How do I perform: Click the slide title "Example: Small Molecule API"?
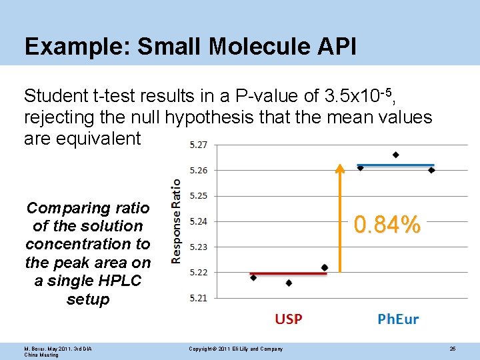click(190, 46)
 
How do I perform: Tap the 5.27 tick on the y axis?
click(198, 145)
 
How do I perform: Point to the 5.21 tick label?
click(198, 298)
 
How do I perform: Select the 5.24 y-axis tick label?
click(198, 221)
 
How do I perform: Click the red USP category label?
click(288, 319)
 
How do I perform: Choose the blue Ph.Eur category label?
click(398, 319)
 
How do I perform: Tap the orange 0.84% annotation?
click(387, 225)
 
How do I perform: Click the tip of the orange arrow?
click(340, 165)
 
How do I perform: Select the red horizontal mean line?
click(288, 273)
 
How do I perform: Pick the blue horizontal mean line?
click(396, 165)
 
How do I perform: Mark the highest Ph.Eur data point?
click(395, 155)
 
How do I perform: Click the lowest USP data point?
click(289, 283)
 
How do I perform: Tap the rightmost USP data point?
click(325, 267)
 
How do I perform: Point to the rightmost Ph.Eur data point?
click(431, 170)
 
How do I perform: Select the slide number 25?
click(452, 349)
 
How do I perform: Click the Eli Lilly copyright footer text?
click(235, 349)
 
